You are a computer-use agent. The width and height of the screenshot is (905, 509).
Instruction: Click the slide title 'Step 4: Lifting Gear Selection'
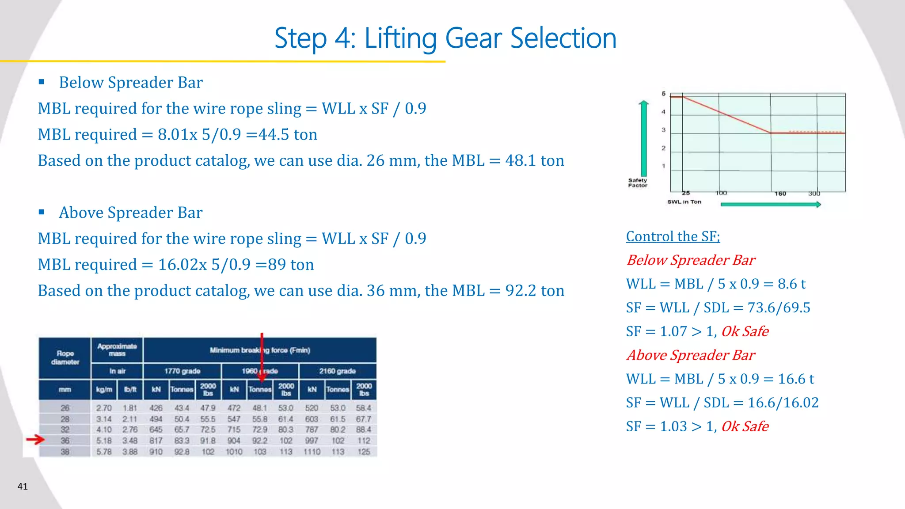445,38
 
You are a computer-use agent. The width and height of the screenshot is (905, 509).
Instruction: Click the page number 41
23,486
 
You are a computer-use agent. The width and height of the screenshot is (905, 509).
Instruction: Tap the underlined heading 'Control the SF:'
673,236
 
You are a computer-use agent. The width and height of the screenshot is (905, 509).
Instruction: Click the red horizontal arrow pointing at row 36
35,439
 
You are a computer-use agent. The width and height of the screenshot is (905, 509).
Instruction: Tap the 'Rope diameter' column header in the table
65,357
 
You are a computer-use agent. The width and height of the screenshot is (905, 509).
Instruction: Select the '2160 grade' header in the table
337,371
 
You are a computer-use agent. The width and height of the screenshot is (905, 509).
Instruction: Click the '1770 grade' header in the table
182,371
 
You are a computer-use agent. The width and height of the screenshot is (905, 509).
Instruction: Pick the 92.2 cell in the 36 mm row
260,441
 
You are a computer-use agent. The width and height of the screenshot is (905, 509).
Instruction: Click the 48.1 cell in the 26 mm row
260,408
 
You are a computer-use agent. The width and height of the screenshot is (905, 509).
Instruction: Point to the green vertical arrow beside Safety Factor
644,138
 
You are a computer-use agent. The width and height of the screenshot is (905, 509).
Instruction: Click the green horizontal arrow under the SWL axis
770,204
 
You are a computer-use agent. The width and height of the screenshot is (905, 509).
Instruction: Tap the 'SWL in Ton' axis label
684,202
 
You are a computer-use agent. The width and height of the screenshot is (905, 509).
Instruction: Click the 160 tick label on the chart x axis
780,194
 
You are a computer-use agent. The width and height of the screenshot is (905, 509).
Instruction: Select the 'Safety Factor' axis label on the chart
637,183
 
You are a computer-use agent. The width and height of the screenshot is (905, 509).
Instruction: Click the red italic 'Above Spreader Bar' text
691,355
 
